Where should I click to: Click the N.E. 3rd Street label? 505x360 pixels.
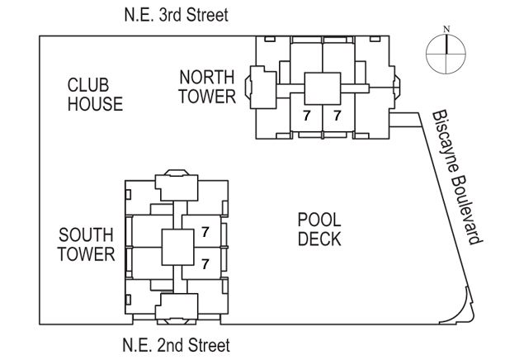(176, 15)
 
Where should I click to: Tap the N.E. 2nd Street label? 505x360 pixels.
(176, 345)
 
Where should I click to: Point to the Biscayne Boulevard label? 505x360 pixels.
(457, 178)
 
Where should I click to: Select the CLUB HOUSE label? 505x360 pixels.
(95, 94)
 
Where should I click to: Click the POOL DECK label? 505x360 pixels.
(319, 230)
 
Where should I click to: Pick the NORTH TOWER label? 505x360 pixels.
(207, 87)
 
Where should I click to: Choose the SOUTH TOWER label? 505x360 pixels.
(87, 244)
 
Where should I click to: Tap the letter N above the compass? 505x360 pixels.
(446, 29)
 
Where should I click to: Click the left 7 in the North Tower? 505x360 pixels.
(307, 116)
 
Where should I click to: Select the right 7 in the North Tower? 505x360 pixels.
(337, 116)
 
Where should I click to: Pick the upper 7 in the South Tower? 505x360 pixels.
(205, 232)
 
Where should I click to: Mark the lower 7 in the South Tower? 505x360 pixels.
(205, 264)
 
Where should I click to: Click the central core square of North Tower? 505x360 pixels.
(323, 88)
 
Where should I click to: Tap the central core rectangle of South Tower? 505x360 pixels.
(177, 247)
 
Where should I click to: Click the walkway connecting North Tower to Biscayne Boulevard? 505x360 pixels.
(405, 120)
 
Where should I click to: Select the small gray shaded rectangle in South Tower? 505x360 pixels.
(167, 291)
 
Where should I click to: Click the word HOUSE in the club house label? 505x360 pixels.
(96, 104)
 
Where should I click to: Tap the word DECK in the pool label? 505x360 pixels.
(319, 239)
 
